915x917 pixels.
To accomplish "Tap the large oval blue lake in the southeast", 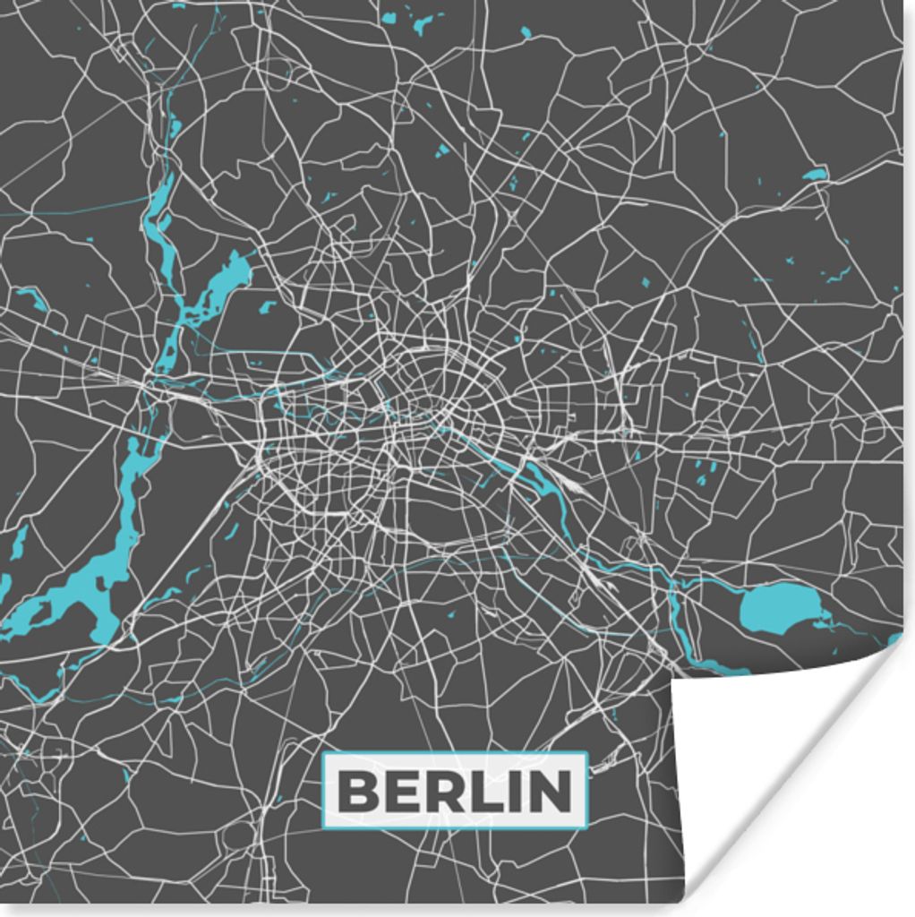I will pyautogui.click(x=776, y=607).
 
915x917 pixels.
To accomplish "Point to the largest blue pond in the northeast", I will pyautogui.click(x=814, y=175).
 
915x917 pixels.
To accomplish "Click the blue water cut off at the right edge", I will pyautogui.click(x=895, y=638).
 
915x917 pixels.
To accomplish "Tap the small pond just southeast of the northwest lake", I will pyautogui.click(x=266, y=307).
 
